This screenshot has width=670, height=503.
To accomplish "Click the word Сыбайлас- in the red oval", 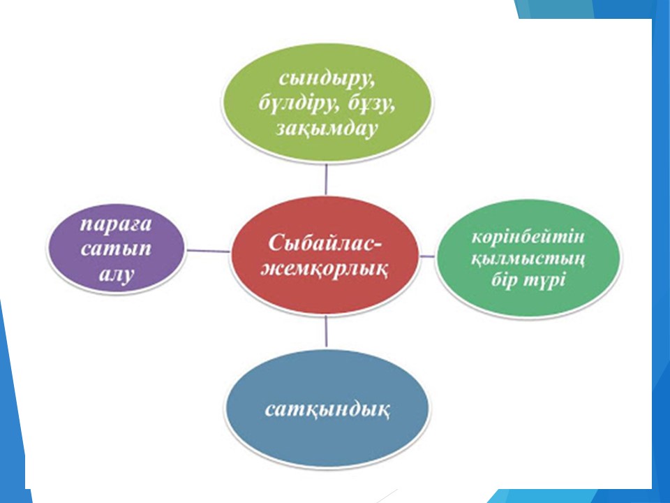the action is pyautogui.click(x=325, y=243).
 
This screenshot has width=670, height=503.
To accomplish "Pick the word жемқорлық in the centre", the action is pyautogui.click(x=325, y=268).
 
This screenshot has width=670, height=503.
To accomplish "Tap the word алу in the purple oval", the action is pyautogui.click(x=116, y=274).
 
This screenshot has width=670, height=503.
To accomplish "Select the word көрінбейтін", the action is pyautogui.click(x=528, y=237).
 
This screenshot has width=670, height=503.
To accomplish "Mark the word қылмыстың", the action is pyautogui.click(x=528, y=258).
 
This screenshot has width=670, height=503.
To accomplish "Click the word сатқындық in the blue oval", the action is pyautogui.click(x=327, y=409).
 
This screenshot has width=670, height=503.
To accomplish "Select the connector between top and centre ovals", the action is pyautogui.click(x=327, y=180).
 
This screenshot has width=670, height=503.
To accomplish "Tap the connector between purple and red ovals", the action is pyautogui.click(x=209, y=251).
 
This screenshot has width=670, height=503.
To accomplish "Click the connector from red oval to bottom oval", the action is pyautogui.click(x=327, y=330).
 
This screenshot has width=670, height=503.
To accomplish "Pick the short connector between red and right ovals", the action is pyautogui.click(x=427, y=256).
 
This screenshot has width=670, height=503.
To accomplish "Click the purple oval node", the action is pyautogui.click(x=116, y=249).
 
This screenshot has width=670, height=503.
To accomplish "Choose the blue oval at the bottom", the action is pyautogui.click(x=327, y=411).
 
